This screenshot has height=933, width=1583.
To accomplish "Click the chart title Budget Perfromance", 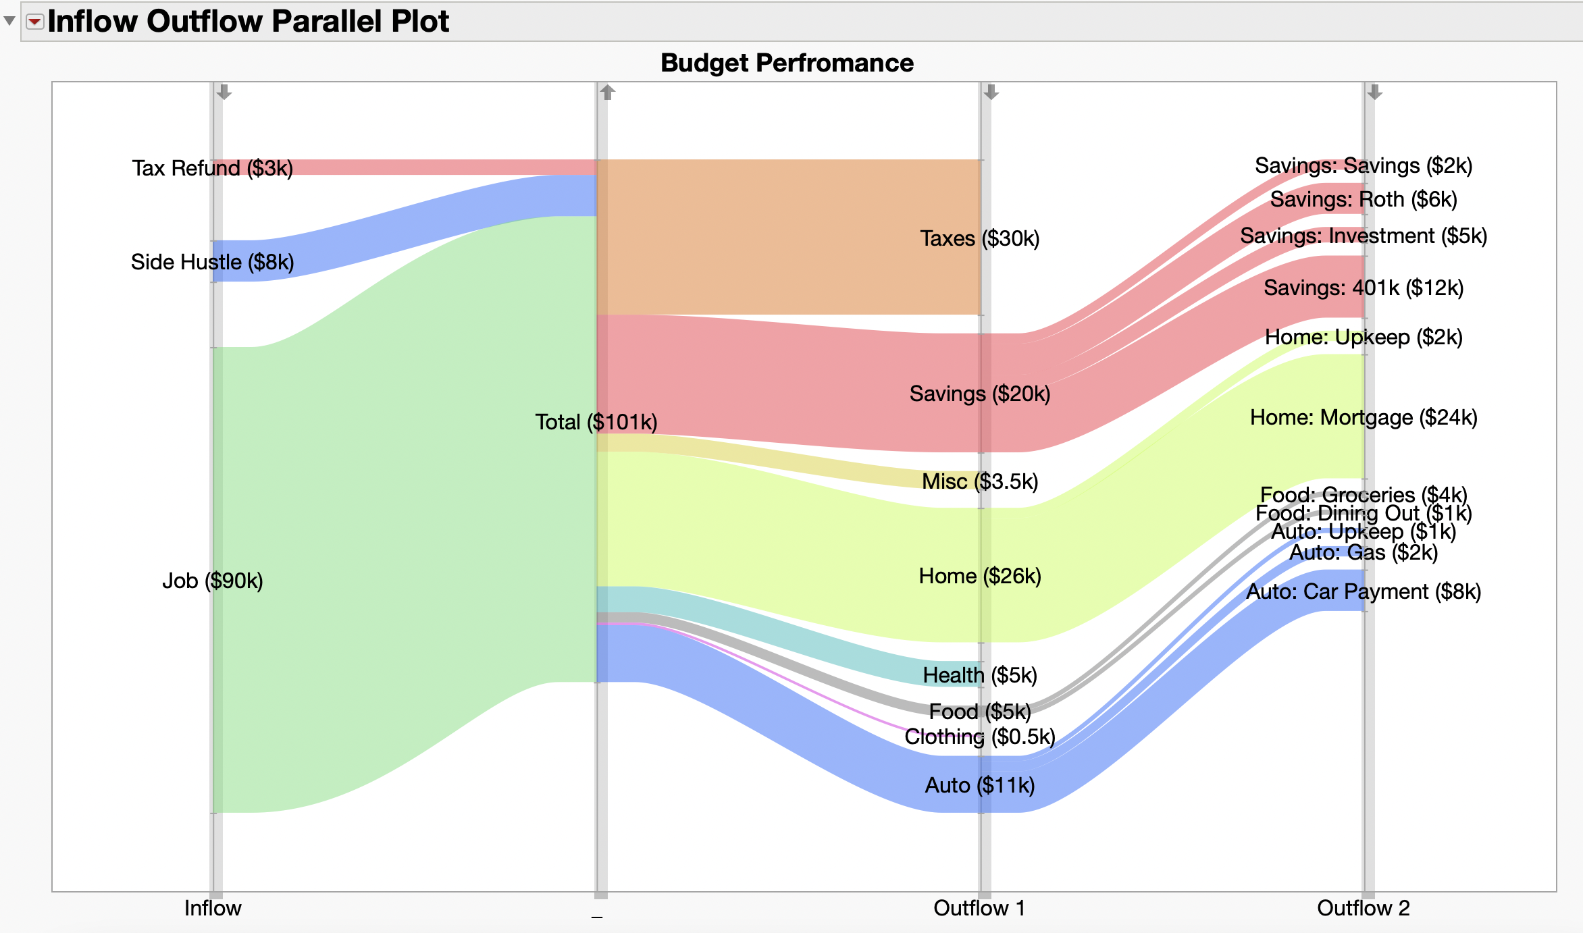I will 787,63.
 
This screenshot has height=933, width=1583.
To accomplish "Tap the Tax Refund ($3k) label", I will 212,168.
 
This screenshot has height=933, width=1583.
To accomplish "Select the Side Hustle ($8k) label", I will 212,262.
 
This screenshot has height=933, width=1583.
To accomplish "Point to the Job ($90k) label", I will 212,581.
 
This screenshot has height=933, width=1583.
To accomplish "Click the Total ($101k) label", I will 596,422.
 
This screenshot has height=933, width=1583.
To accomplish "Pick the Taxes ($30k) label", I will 979,238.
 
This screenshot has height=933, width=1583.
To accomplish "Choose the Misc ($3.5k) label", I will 979,481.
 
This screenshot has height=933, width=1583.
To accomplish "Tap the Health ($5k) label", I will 979,675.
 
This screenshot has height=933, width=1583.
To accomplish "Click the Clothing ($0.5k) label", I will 979,737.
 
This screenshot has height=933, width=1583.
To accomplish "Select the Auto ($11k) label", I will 979,785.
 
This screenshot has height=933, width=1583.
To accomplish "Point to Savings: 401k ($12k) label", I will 1363,288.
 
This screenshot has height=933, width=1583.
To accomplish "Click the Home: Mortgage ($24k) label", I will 1363,418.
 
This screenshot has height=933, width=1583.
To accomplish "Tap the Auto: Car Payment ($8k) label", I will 1363,592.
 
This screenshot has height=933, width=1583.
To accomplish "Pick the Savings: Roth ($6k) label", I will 1363,200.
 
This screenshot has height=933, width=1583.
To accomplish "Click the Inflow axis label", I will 212,908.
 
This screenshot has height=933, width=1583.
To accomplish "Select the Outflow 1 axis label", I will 979,908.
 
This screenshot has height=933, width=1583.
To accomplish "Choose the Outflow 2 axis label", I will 1363,908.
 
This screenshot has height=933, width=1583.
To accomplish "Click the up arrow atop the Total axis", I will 607,92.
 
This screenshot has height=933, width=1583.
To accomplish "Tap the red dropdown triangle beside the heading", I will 34,22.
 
